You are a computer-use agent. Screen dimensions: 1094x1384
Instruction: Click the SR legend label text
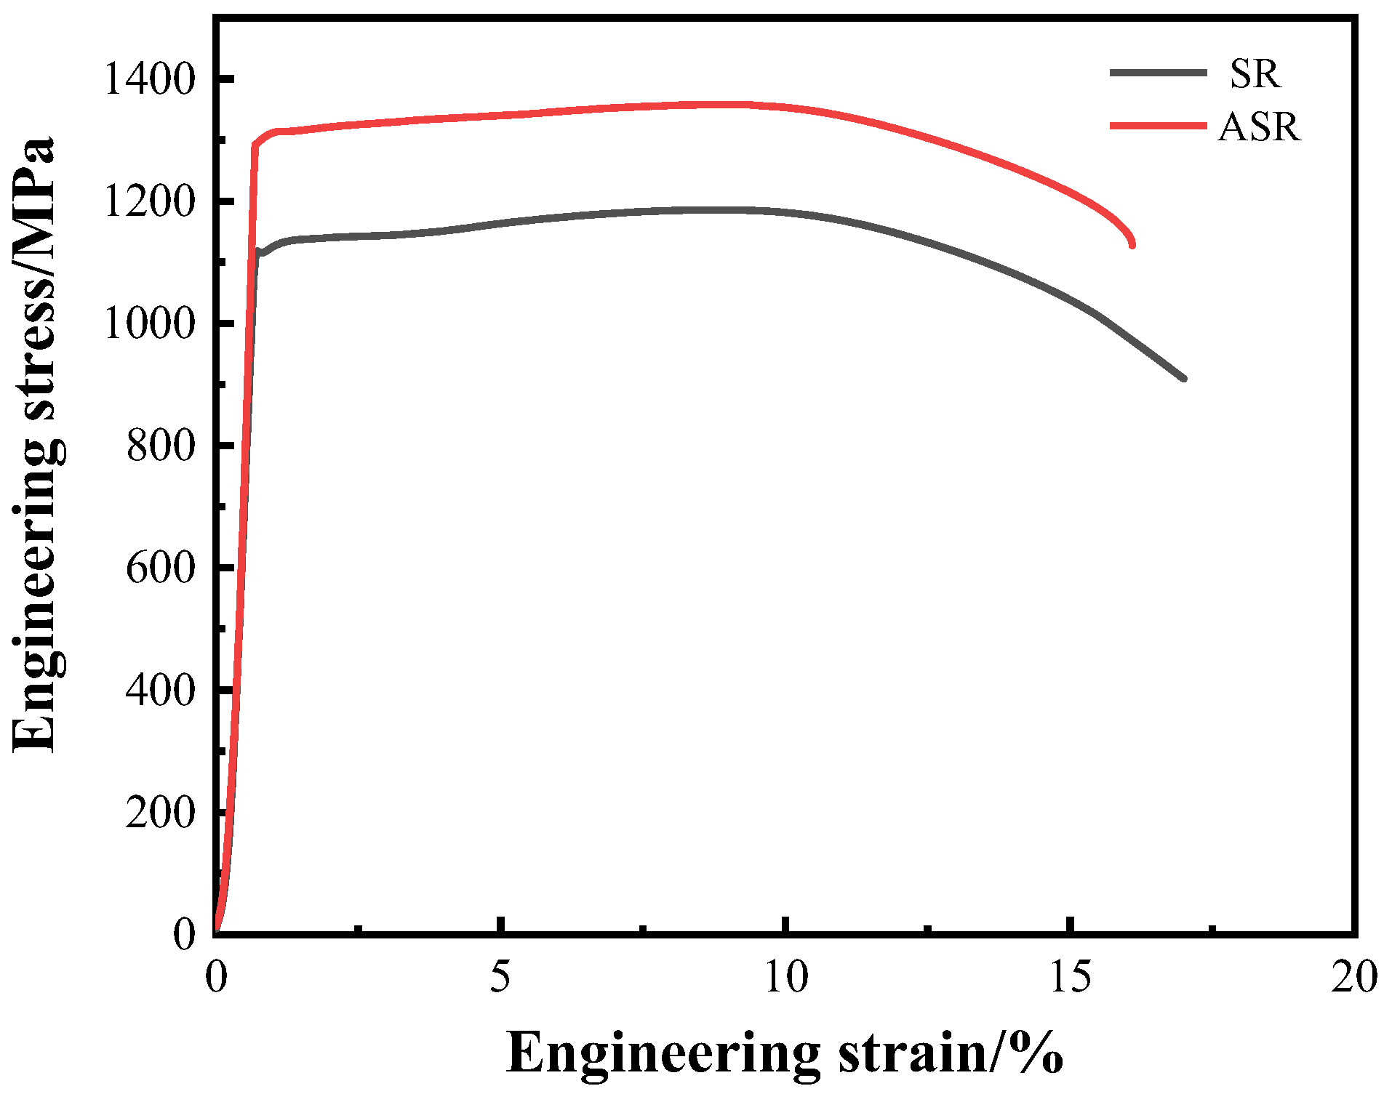pos(1255,73)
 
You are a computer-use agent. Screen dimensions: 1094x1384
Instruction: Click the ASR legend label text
pos(1259,127)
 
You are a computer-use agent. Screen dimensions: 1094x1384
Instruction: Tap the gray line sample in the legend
pos(1158,72)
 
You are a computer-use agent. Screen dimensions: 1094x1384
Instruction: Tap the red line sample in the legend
pos(1158,126)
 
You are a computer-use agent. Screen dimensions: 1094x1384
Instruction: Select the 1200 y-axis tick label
pos(150,201)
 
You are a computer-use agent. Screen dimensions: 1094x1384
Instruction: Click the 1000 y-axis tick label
pos(150,323)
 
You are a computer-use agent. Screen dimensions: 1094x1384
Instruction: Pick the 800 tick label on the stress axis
pos(161,446)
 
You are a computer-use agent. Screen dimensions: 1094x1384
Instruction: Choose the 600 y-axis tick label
pos(161,568)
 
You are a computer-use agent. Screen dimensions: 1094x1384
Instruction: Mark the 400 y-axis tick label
pos(161,690)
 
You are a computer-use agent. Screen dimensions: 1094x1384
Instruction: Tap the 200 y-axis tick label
pos(161,812)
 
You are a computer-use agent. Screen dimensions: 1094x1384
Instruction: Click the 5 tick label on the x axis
pos(500,978)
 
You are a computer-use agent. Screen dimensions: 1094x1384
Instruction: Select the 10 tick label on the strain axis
pos(785,978)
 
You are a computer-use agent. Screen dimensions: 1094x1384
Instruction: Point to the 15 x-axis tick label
pos(1071,978)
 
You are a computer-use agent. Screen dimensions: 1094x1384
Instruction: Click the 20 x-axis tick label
pos(1354,978)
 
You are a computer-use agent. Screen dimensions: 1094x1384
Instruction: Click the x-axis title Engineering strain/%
pos(784,1052)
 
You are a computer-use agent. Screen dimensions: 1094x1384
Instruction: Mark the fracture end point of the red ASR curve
pos(1132,245)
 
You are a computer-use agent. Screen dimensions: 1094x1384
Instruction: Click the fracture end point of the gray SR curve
pos(1184,379)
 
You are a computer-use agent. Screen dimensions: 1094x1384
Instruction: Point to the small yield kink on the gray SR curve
pos(258,252)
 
